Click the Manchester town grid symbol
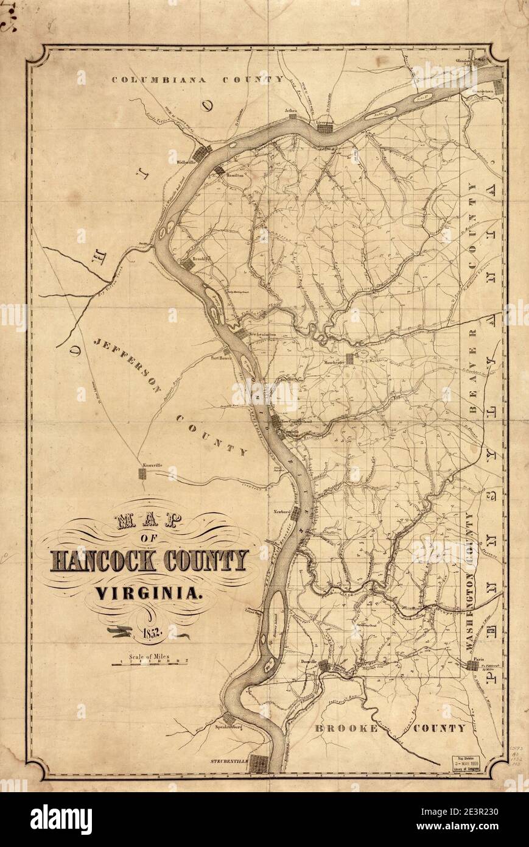pos(350,357)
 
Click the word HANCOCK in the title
pos(100,560)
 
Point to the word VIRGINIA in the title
pos(149,591)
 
